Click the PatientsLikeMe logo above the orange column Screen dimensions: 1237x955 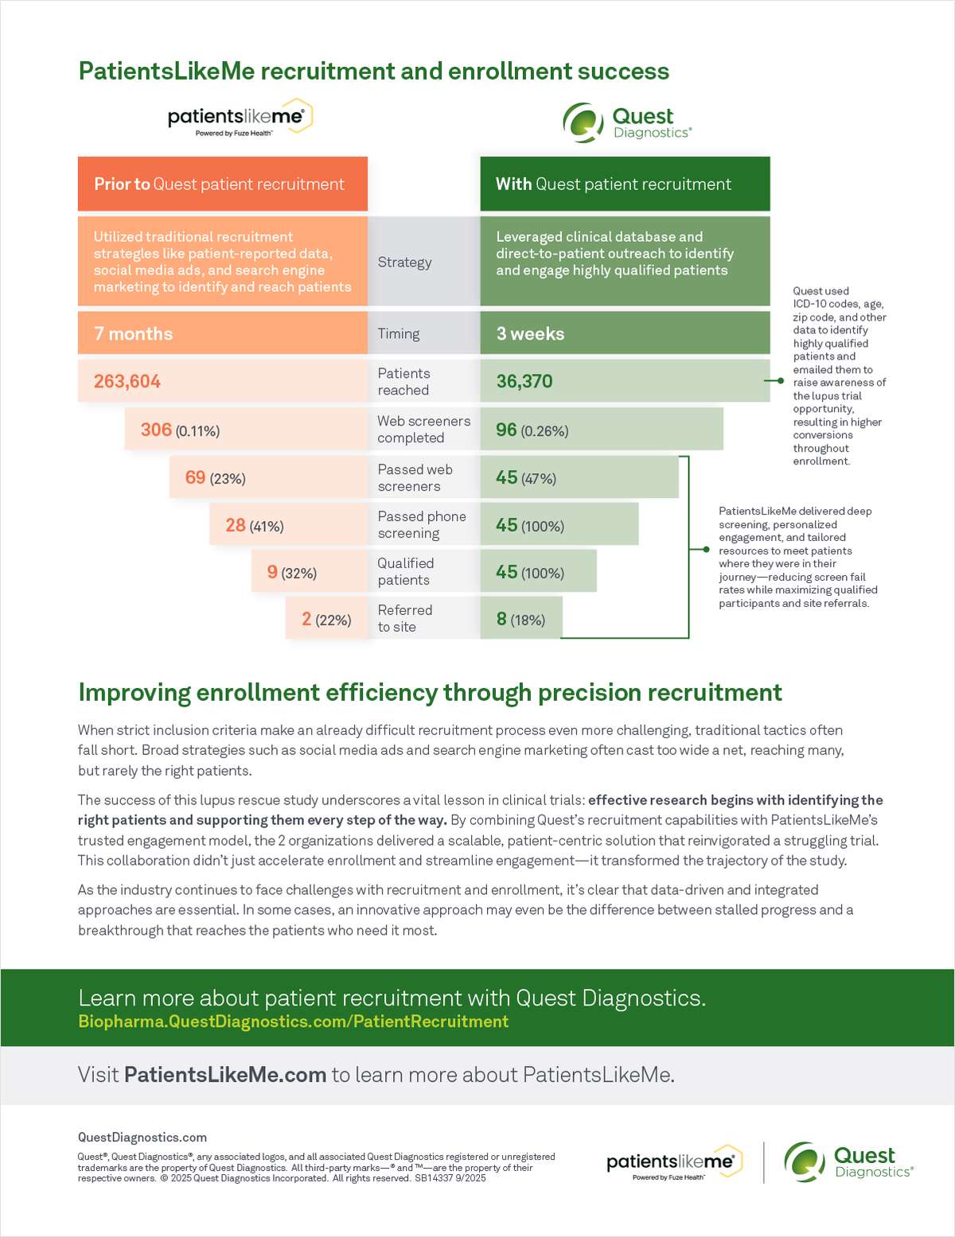click(x=240, y=119)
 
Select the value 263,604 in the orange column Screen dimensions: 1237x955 click(x=127, y=381)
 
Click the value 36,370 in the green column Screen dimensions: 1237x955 click(x=524, y=381)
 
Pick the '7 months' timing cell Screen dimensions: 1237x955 click(x=134, y=333)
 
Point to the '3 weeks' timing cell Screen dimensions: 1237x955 click(x=531, y=333)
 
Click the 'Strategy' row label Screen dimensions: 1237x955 click(x=404, y=262)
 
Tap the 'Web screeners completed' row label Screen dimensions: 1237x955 click(x=423, y=429)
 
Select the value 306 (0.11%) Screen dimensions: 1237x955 click(x=180, y=430)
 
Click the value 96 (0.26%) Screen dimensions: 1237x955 click(x=532, y=430)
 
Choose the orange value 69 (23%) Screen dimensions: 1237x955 click(x=215, y=477)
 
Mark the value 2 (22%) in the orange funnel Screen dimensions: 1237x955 click(x=326, y=619)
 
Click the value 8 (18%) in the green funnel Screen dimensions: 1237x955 click(x=520, y=619)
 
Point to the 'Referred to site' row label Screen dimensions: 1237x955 click(x=404, y=618)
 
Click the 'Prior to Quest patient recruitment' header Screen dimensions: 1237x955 click(x=219, y=184)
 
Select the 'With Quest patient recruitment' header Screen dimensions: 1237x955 click(x=613, y=184)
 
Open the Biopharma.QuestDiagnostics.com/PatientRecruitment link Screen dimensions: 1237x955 click(x=293, y=1021)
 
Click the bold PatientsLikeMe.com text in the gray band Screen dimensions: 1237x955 click(x=225, y=1075)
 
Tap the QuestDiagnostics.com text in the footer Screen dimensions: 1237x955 click(x=142, y=1138)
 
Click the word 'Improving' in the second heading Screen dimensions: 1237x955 click(x=134, y=692)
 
